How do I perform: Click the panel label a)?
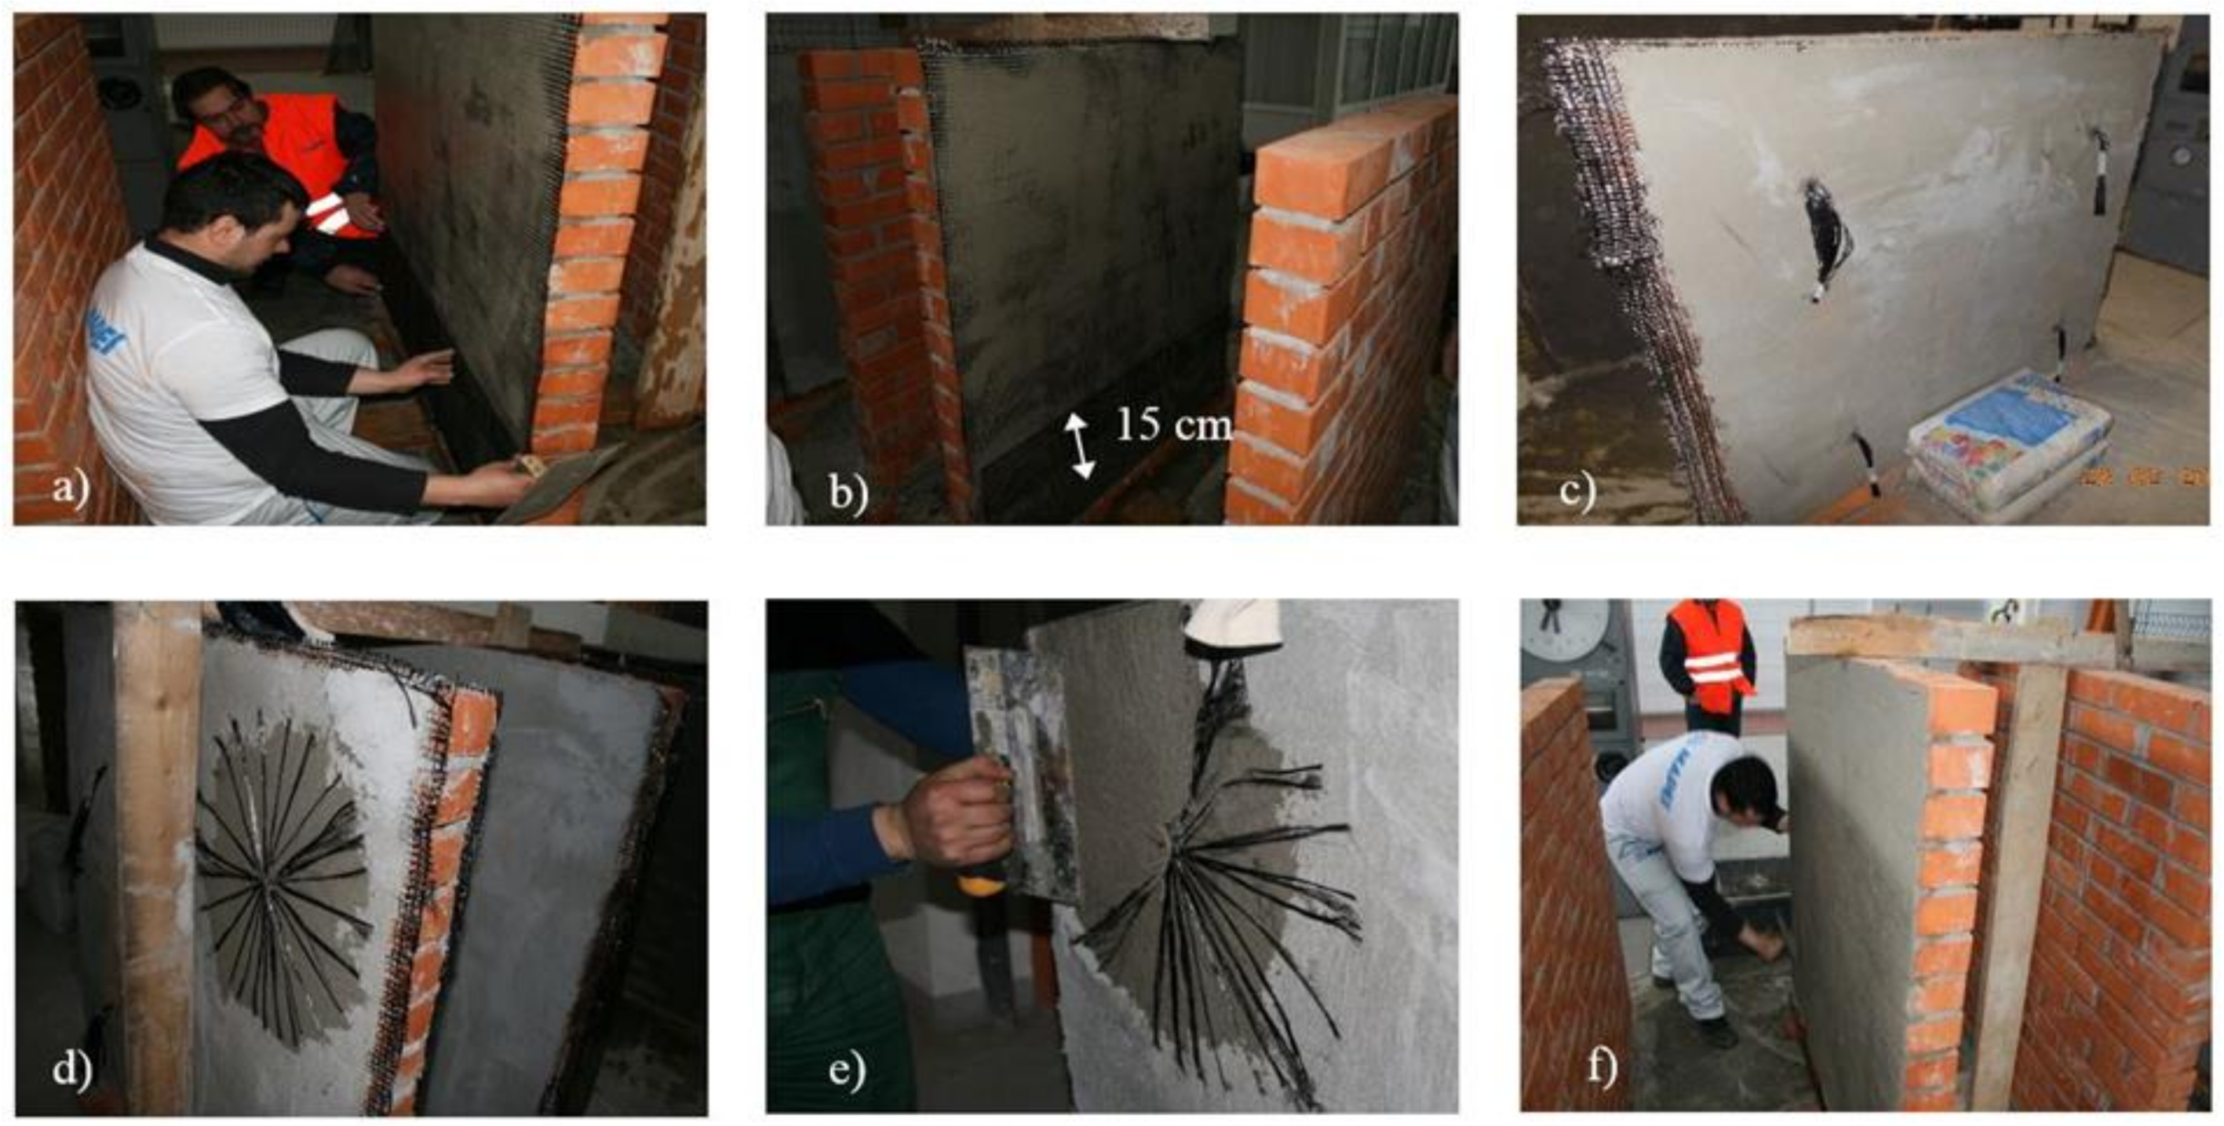click(70, 488)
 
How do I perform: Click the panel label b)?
click(847, 493)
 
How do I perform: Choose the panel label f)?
click(1601, 1066)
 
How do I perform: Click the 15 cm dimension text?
click(1173, 424)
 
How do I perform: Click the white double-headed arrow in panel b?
click(1078, 445)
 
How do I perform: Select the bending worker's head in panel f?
click(1747, 789)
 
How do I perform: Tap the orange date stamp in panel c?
click(2144, 476)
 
